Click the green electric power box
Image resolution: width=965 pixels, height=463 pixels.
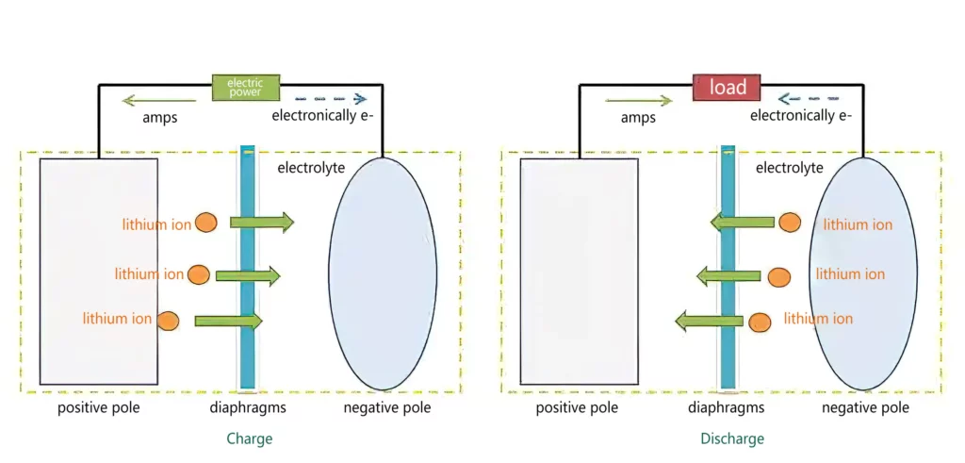point(246,87)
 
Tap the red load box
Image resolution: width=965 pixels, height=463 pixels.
point(727,87)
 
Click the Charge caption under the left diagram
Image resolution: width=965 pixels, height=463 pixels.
point(249,438)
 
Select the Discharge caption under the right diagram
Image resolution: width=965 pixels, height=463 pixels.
point(732,438)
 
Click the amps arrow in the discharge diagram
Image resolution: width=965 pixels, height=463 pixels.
point(639,98)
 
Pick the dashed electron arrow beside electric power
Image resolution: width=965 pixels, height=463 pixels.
point(330,98)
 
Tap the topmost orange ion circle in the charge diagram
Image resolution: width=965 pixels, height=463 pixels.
point(206,223)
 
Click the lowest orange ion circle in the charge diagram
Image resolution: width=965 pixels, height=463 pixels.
point(169,320)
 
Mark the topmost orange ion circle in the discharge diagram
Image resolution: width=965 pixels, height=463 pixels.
point(790,223)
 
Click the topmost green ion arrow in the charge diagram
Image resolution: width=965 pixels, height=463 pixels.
point(262,223)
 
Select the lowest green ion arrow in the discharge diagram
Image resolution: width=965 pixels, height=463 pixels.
point(710,322)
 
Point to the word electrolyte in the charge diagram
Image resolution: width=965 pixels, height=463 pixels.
point(311,168)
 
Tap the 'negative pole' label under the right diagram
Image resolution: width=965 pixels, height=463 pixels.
point(865,407)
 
